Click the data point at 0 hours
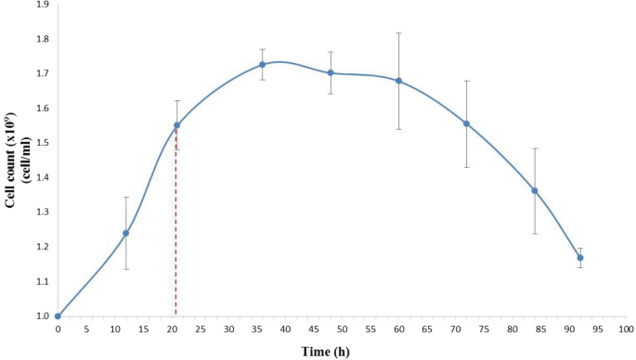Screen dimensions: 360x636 (x=58, y=316)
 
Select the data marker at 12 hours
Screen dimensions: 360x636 (x=126, y=233)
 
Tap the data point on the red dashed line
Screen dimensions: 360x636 (x=176, y=125)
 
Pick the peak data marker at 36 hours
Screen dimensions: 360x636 (x=263, y=64)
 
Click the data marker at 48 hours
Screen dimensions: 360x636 (x=331, y=72)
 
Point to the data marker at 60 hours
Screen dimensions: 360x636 (x=399, y=81)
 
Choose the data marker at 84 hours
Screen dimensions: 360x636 (x=535, y=190)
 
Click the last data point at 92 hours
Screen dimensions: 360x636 (x=580, y=258)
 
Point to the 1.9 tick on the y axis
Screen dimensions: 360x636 (x=41, y=5)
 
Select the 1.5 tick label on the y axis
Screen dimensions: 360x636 (x=41, y=143)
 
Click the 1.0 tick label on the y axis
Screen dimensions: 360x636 (x=41, y=316)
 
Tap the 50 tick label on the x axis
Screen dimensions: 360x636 (x=342, y=328)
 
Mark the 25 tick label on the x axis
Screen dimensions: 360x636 (x=200, y=328)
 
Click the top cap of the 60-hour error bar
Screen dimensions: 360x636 (x=399, y=32)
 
